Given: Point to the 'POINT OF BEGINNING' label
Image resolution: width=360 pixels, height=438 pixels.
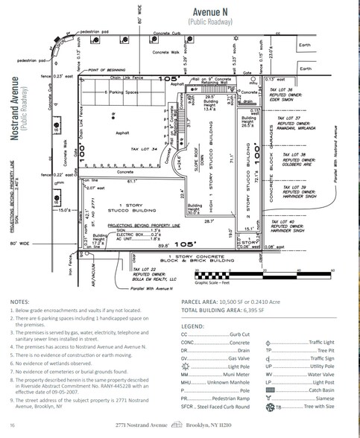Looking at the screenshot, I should pos(110,69).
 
